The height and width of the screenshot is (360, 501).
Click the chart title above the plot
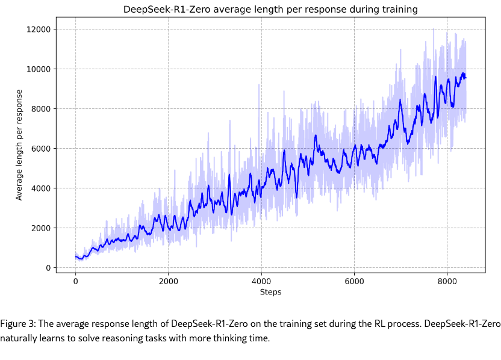[x=270, y=10]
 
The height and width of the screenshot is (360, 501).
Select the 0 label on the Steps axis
[x=75, y=281]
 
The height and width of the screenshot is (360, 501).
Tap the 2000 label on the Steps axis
[x=168, y=281]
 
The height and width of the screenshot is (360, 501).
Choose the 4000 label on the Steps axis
[x=261, y=281]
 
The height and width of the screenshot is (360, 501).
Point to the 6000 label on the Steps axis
[x=354, y=281]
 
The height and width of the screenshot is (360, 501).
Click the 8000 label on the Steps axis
[x=447, y=281]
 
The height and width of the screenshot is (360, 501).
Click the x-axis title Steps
[x=270, y=292]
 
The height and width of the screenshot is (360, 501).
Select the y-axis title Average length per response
[x=19, y=144]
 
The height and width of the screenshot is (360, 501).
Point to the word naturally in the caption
[x=19, y=338]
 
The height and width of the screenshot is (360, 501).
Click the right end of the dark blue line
[x=465, y=78]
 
